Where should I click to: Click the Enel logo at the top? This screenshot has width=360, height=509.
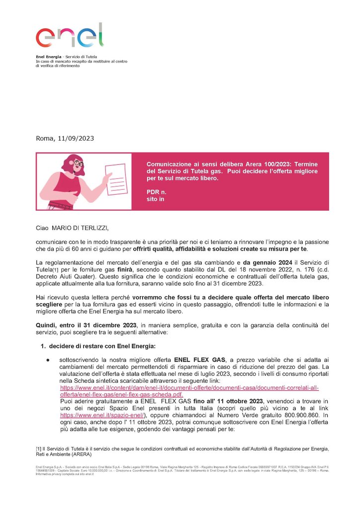[x=70, y=36]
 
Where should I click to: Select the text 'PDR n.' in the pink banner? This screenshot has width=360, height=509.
[x=156, y=191]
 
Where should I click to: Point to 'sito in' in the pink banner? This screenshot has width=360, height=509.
[x=155, y=199]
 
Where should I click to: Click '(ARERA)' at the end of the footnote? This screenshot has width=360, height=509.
[x=79, y=454]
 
